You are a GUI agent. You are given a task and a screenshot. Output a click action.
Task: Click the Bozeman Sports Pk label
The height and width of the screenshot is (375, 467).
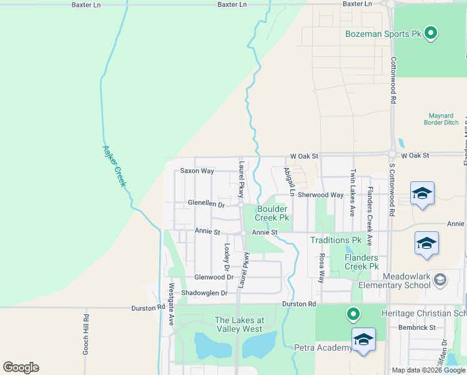pos(384,34)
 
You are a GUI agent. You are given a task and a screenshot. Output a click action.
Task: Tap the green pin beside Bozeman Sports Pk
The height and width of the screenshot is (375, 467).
pos(430,32)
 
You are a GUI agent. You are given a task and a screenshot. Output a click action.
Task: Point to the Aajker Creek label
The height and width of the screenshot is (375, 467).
pos(114,166)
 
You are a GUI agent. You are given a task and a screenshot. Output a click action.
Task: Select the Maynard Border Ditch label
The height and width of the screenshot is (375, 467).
pos(444,119)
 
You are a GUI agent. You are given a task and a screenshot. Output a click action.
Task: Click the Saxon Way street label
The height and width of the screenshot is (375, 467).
pos(197,171)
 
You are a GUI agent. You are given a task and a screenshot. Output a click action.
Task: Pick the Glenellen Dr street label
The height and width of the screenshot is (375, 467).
pos(206,204)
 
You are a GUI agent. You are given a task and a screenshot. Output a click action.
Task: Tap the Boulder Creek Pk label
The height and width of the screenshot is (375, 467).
pos(272,214)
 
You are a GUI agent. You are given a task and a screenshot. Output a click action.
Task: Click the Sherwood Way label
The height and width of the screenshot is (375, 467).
pos(320,195)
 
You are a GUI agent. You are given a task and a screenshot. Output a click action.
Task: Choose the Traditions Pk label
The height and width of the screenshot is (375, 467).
pos(337,240)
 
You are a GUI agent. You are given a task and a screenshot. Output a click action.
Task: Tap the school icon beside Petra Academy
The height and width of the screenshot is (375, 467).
pos(363,339)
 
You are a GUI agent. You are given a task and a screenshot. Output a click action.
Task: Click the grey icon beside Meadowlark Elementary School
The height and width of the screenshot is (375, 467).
pos(440,277)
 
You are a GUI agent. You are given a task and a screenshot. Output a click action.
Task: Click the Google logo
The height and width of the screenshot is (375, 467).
pos(21,367)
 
